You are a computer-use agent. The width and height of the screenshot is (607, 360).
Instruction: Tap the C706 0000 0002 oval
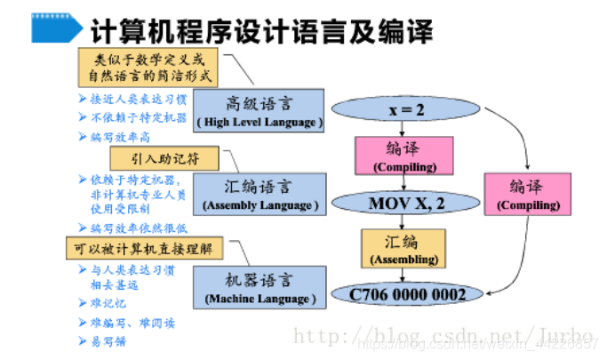tap(407, 292)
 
